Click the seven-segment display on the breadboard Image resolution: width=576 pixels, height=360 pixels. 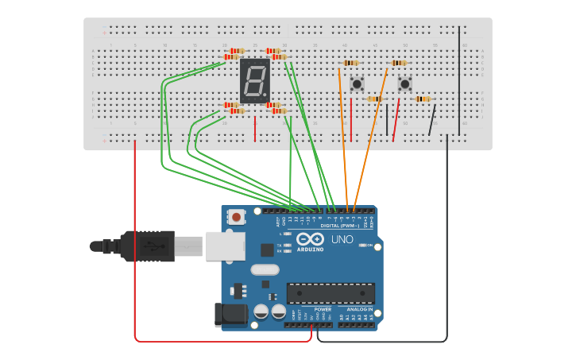coord(254,80)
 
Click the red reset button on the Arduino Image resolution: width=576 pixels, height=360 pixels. coord(236,216)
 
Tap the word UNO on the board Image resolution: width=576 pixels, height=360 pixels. coord(342,239)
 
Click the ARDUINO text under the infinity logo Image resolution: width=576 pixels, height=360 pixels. coord(310,250)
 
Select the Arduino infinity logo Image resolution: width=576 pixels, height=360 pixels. coord(310,238)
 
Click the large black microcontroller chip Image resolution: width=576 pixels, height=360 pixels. coord(331,292)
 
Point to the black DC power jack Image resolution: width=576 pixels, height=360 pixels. coord(231,315)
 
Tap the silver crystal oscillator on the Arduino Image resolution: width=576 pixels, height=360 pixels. coord(265,269)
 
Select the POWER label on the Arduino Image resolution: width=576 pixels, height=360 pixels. coord(323,309)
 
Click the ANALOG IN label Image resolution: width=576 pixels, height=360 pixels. coord(359,309)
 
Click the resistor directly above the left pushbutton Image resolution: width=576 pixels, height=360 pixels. coord(350,63)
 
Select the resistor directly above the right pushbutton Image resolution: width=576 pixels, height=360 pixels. coord(399,63)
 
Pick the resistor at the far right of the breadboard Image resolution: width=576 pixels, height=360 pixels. coord(423,99)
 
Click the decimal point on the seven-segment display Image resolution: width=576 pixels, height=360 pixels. coord(265,95)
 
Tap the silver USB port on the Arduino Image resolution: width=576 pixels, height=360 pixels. coord(225,246)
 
